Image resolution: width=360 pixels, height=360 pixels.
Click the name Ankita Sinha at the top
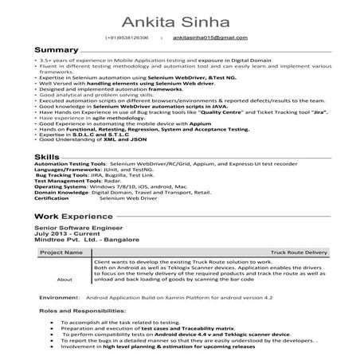180,16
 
